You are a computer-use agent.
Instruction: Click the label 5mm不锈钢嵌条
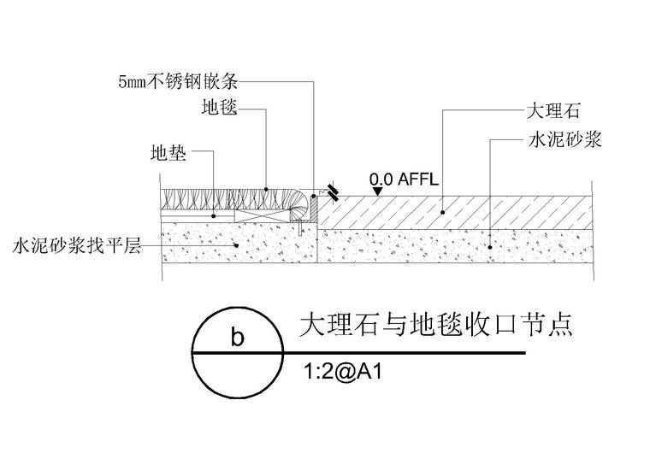pos(178,81)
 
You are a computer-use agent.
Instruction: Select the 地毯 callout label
pos(220,107)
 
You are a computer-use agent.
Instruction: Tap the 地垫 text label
pos(168,153)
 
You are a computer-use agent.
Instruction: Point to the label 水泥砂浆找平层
pos(77,245)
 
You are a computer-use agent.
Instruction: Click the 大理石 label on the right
pos(553,111)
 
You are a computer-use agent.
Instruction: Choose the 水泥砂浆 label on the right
pos(564,140)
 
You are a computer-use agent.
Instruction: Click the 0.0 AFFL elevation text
pos(404,179)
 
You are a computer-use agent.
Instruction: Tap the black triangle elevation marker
pos(377,191)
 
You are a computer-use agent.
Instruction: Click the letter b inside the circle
pos(238,337)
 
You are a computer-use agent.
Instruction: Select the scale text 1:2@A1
pos(343,372)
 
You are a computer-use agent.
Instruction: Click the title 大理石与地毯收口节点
pos(436,325)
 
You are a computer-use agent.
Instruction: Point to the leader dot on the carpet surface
pos(266,189)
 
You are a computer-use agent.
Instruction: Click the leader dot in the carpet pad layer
pos(214,216)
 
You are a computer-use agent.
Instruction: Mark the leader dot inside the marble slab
pos(443,213)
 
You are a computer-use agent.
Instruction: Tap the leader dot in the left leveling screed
pos(237,245)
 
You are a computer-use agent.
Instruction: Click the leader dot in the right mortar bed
pos(490,247)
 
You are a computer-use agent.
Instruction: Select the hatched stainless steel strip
pos(315,209)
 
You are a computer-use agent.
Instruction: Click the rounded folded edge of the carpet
pos(299,206)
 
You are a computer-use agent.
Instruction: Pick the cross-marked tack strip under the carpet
pos(262,215)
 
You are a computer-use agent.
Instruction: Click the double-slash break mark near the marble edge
pos(333,192)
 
